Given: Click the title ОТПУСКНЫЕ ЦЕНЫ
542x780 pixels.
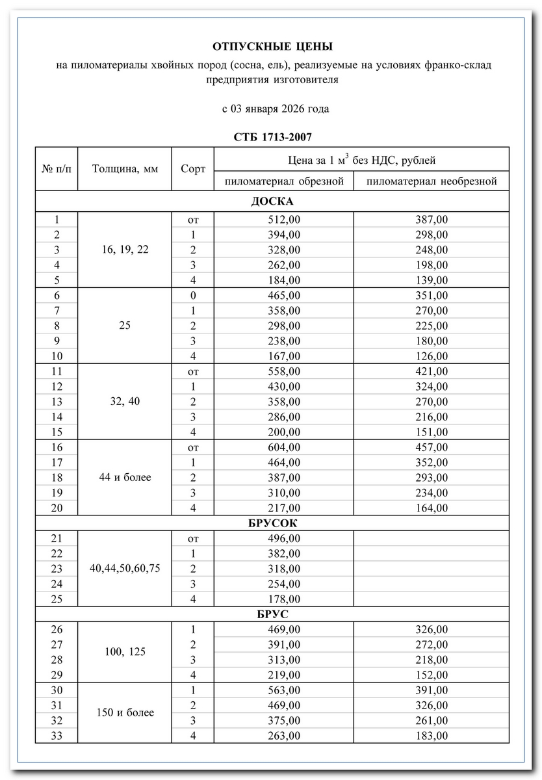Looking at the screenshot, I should click(272, 47).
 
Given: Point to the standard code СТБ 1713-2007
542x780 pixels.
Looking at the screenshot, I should click(272, 137).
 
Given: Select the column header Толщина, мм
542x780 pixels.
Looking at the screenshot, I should click(125, 169).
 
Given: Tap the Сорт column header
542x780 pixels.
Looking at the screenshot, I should click(193, 169).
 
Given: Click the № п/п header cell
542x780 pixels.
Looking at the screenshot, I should click(57, 169).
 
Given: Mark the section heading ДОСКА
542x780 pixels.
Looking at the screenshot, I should click(272, 201).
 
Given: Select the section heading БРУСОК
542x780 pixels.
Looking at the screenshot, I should click(272, 523).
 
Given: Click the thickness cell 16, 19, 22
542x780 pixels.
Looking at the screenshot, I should click(125, 250).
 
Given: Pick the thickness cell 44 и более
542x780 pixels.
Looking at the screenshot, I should click(125, 477).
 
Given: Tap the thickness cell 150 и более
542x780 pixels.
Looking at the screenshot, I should click(125, 712).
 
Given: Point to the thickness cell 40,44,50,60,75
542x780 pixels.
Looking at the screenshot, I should click(125, 568).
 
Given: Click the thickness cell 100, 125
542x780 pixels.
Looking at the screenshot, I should click(125, 652).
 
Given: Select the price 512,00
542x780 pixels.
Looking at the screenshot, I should click(284, 220).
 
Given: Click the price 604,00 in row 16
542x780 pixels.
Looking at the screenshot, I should click(284, 447).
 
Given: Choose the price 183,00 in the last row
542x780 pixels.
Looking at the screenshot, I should click(432, 735).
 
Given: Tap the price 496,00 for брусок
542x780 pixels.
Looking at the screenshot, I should click(284, 538).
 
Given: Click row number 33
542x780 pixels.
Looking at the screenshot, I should click(57, 735).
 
